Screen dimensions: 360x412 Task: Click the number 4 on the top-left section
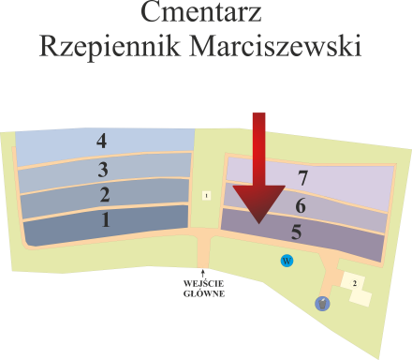click(101, 142)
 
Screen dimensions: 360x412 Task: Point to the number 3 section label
click(103, 170)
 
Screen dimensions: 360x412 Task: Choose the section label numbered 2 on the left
click(104, 195)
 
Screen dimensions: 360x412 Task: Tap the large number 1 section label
click(105, 220)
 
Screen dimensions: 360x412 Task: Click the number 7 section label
click(302, 177)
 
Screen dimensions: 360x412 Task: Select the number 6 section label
click(300, 206)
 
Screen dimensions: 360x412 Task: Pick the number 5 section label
click(296, 232)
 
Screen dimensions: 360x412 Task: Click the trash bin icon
click(322, 303)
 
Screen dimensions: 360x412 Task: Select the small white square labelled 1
click(205, 195)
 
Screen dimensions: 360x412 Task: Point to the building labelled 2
click(354, 281)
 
